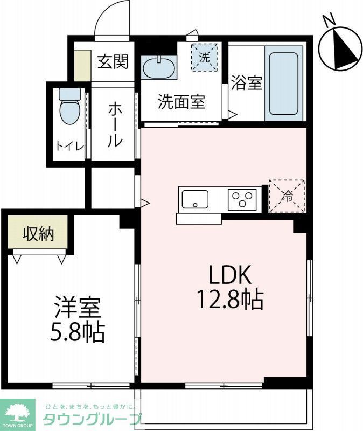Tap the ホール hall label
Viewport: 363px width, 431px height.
coord(114,124)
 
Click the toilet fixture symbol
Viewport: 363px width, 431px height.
coord(69,107)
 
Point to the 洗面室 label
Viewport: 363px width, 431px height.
coord(181,102)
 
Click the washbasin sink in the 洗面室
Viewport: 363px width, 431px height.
coord(158,68)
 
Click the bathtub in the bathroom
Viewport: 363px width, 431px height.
coord(283,84)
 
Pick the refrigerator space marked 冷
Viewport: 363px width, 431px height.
coord(287,196)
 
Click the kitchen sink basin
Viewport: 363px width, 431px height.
coord(195,199)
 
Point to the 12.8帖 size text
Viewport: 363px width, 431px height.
coord(230,299)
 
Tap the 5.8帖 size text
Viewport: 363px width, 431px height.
coord(76,333)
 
